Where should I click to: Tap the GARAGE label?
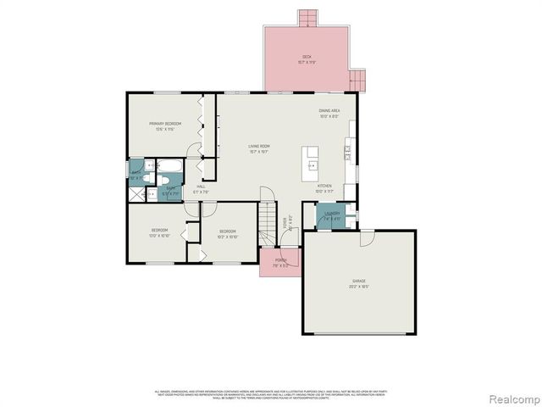coord(360,282)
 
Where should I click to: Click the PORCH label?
coord(280,262)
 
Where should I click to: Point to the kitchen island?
coord(312,159)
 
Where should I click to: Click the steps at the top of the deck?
coord(307,18)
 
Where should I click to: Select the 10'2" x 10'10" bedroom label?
coord(228,233)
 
